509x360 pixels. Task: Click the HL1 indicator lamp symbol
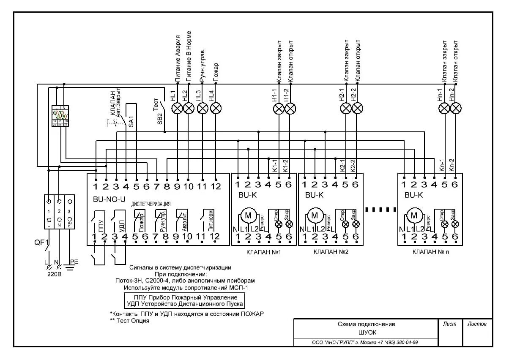coord(177,109)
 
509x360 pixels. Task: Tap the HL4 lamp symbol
coord(216,109)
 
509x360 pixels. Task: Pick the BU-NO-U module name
coord(109,199)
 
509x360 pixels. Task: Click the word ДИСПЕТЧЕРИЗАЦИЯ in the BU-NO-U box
coord(151,204)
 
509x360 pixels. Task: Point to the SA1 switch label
coord(131,122)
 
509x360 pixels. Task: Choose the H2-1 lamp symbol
coord(346,109)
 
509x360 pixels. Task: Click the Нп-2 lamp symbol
coord(455,109)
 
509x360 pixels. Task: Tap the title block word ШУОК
coord(366,333)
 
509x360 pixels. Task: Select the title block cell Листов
coord(477,324)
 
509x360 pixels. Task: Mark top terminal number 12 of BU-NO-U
coord(216,186)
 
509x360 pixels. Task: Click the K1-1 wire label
coord(274,165)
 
